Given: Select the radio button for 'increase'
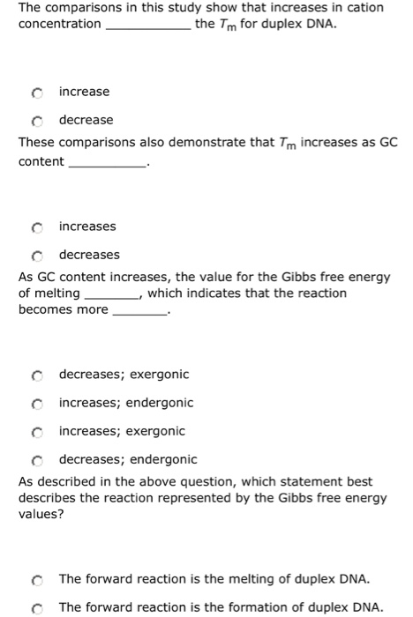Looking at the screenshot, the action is coord(36,93).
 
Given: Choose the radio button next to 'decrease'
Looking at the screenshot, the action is coord(36,121).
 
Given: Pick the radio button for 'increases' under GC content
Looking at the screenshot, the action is coord(36,227).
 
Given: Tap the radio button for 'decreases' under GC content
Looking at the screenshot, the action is coord(36,256).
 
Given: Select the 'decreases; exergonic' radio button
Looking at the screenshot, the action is coord(36,375).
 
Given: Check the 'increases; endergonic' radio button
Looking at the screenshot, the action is coord(36,404).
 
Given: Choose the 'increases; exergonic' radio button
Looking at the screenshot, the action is coord(36,432).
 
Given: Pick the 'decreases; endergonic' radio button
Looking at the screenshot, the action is coord(36,460).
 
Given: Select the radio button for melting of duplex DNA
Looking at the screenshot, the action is coord(36,580).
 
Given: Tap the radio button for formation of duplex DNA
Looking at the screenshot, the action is coord(36,608).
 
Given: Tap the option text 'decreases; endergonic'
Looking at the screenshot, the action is coord(128,459).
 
